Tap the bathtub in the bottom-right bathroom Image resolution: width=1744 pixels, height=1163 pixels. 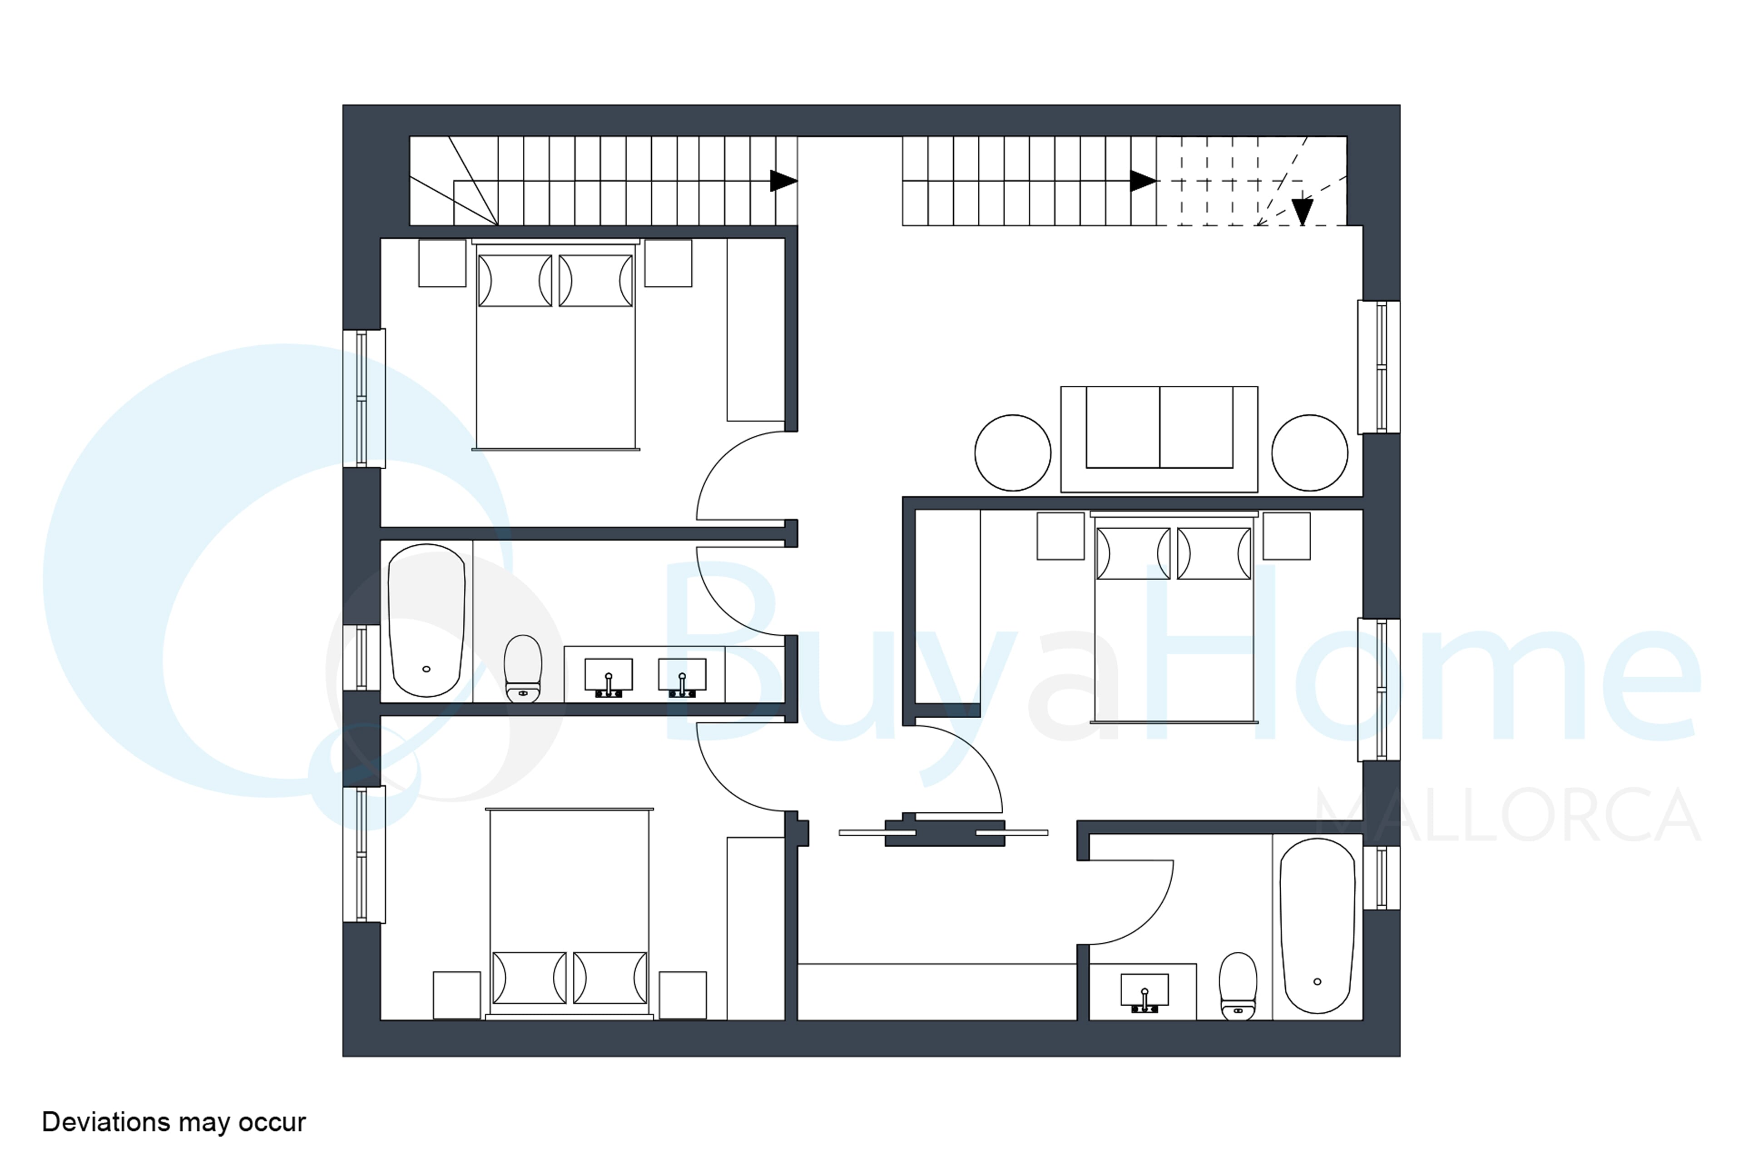pos(1317,926)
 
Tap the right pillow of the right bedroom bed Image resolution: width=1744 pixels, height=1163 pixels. pos(1214,553)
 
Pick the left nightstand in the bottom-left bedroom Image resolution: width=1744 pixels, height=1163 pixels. pos(457,995)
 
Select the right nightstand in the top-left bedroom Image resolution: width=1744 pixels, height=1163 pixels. pos(668,263)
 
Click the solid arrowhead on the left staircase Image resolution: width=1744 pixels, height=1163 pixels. pos(783,181)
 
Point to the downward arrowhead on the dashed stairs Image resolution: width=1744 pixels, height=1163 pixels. pos(1302,211)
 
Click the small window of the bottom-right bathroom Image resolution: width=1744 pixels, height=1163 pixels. pos(1381,877)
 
